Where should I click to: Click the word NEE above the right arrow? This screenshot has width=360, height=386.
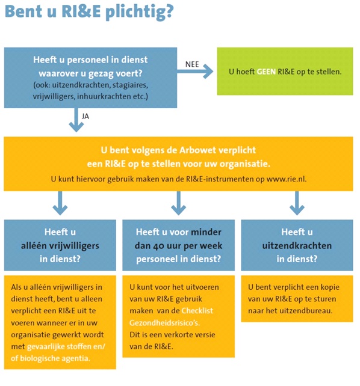pos(192,64)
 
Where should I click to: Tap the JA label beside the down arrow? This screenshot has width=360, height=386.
pos(85,116)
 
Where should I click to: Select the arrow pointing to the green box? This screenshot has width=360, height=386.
pos(195,72)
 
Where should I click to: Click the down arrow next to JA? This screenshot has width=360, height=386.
pos(76,120)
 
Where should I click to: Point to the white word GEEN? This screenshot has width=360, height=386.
pos(266,72)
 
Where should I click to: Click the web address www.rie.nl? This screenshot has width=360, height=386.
pos(287,179)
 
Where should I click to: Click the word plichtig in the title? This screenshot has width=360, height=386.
pos(140,12)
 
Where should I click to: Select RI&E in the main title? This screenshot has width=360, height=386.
pos(81,11)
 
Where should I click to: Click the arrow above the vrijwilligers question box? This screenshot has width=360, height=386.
pos(60,203)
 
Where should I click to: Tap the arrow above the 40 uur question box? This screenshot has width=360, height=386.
pos(178,203)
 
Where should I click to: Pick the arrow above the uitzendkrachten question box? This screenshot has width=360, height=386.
pos(297,203)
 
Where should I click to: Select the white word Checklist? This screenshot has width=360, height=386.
pos(197,311)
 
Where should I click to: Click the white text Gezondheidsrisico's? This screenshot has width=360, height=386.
pos(164,322)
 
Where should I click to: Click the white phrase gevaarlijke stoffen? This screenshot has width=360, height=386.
pos(57,346)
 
